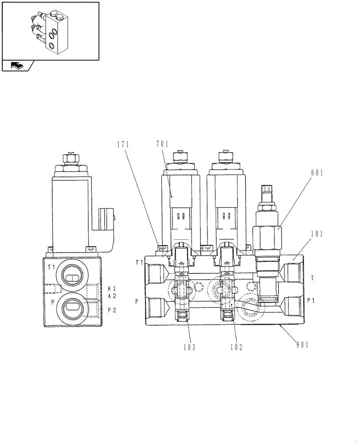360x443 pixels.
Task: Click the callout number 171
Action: tap(123, 144)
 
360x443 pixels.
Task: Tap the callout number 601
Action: tap(317, 173)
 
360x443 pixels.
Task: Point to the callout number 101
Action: tap(317, 234)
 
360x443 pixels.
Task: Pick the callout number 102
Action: tap(236, 347)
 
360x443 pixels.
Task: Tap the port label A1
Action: tap(112, 289)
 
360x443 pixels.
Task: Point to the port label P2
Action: tap(112, 310)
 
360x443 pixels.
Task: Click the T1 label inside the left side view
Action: tap(51, 267)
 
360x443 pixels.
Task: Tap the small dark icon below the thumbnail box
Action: tap(16, 66)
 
